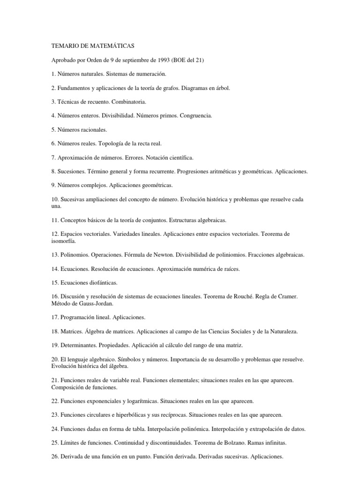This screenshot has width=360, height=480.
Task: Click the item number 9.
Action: (52, 185)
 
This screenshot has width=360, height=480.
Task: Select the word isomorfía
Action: (63, 241)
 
